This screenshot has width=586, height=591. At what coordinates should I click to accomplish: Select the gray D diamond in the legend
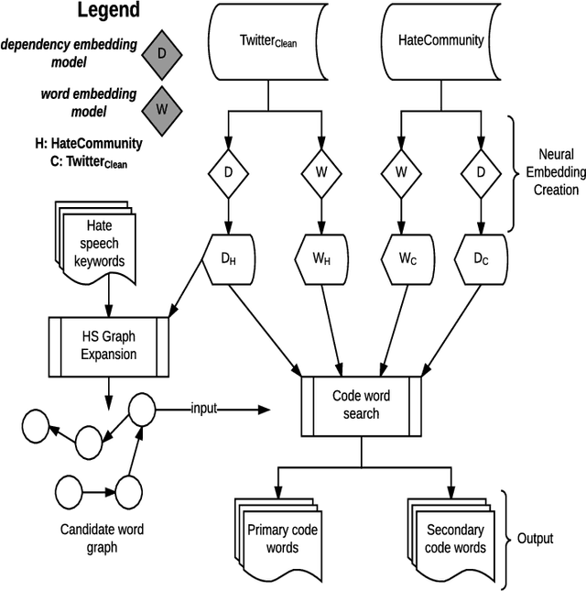point(161,53)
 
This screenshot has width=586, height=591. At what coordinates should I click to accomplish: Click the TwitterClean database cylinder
point(267,41)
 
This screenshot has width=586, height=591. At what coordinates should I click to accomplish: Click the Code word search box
point(362,405)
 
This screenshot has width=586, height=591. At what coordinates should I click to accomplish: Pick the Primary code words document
point(273,540)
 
